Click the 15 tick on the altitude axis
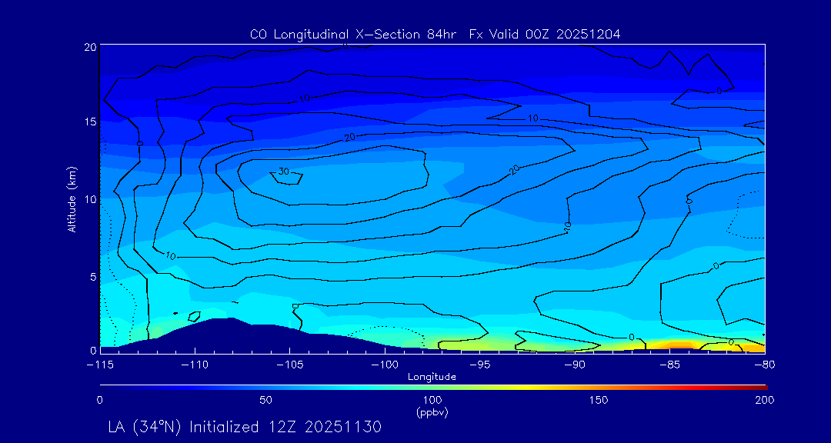[90, 122]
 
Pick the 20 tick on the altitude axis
[90, 47]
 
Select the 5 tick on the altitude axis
[93, 275]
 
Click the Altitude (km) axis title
[72, 200]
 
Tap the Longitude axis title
[432, 377]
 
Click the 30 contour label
[283, 172]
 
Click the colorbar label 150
[599, 401]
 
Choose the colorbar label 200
[764, 401]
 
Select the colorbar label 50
[265, 401]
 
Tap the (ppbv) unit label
[432, 412]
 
